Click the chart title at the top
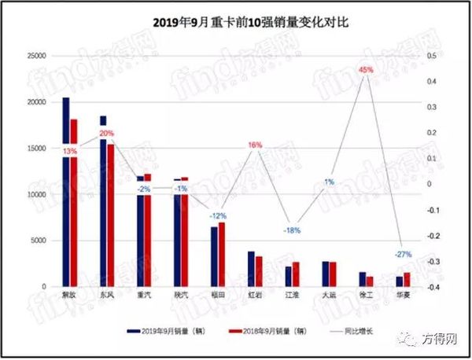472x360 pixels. [x=235, y=22]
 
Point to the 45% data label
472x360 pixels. [x=366, y=70]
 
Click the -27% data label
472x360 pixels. [x=403, y=255]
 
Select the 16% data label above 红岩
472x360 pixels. [x=255, y=145]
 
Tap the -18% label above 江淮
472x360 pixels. [x=292, y=230]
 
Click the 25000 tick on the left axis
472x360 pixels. [x=36, y=56]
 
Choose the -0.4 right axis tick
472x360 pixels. [x=433, y=287]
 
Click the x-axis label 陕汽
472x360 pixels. [x=180, y=296]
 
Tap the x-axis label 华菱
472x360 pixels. [x=403, y=296]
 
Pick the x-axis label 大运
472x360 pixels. [x=329, y=296]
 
